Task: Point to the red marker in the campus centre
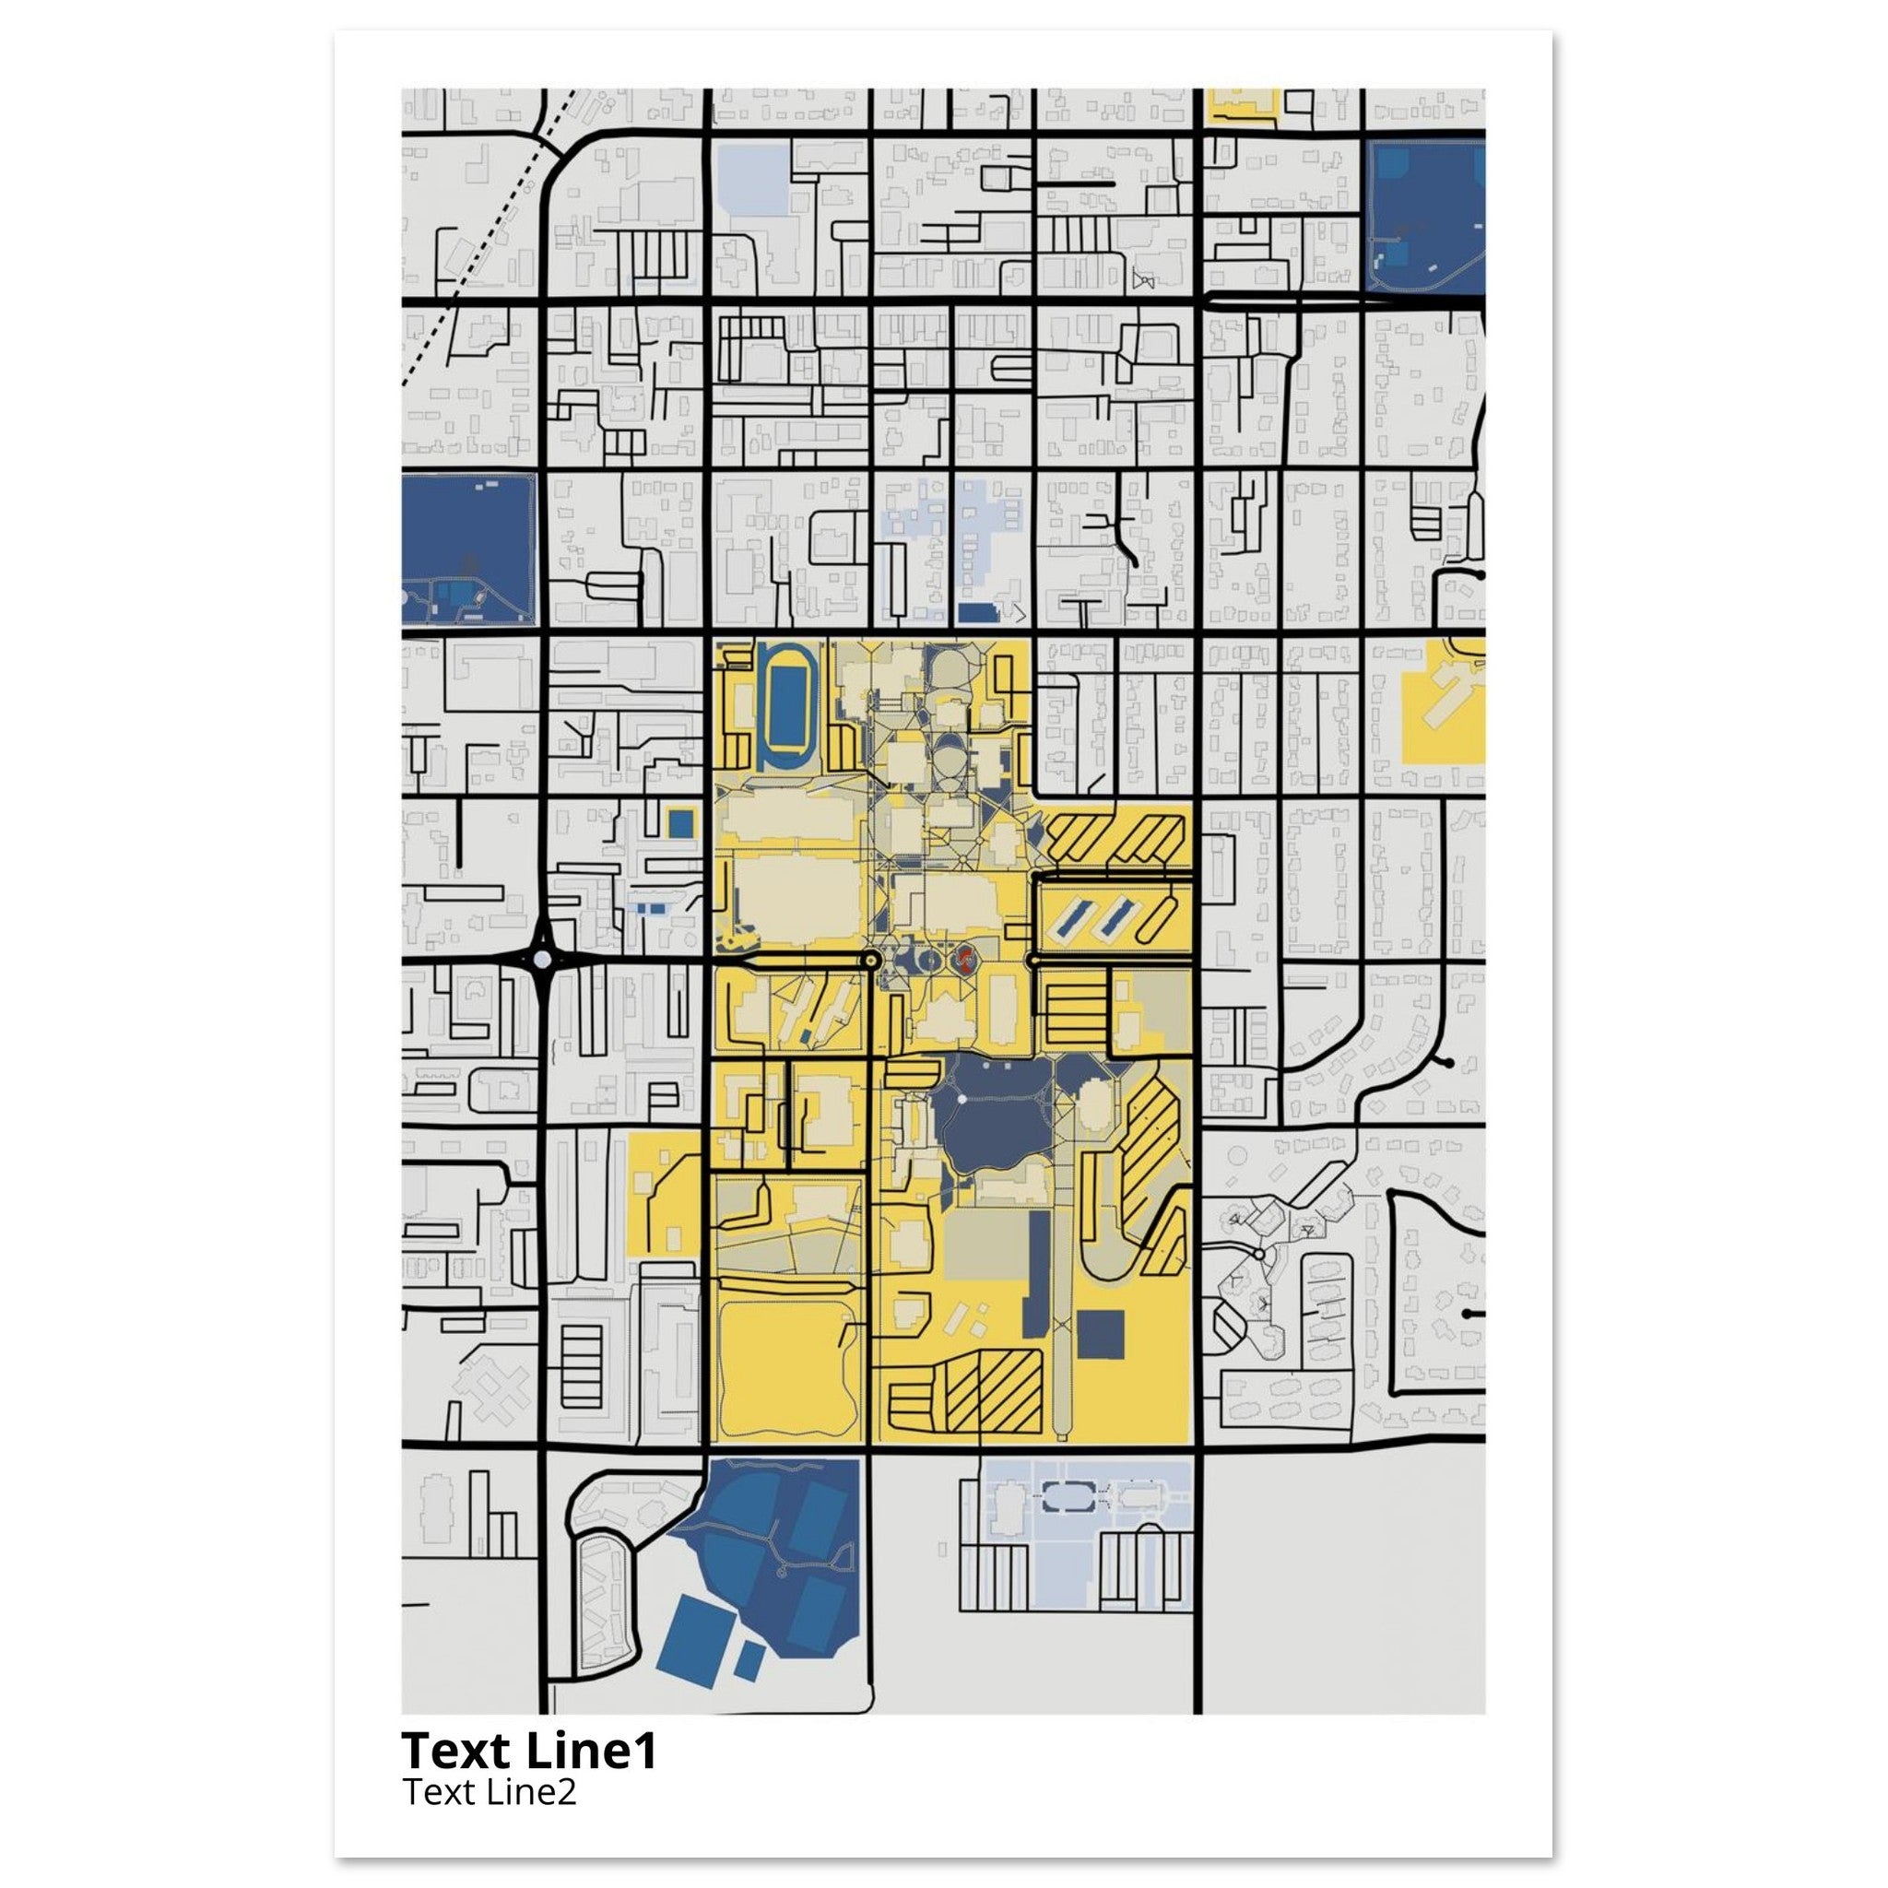tap(964, 960)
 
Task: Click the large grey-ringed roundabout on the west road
tap(542, 960)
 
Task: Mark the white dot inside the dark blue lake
tap(962, 1100)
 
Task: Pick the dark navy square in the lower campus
tap(1102, 1334)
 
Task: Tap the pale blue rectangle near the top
tap(752, 178)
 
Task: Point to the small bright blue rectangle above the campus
tap(975, 613)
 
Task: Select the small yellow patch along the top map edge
tap(1242, 105)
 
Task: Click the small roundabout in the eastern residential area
tap(1259, 1254)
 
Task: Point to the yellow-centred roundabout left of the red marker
tap(872, 962)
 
